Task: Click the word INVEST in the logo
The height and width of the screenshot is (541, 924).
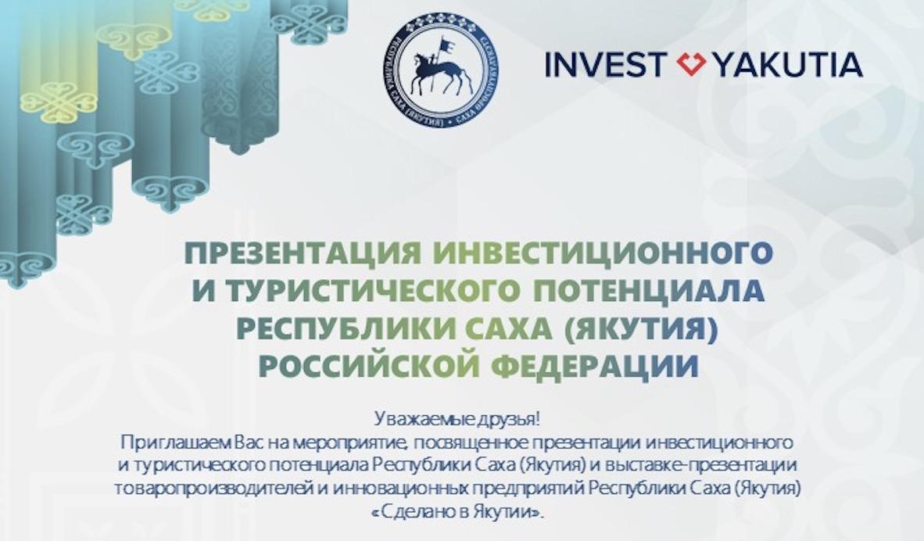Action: point(605,64)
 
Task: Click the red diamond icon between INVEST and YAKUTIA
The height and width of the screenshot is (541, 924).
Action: point(692,63)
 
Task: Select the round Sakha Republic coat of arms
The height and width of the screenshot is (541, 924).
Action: point(441,70)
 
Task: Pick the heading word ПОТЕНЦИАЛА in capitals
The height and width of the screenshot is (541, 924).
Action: point(648,291)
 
